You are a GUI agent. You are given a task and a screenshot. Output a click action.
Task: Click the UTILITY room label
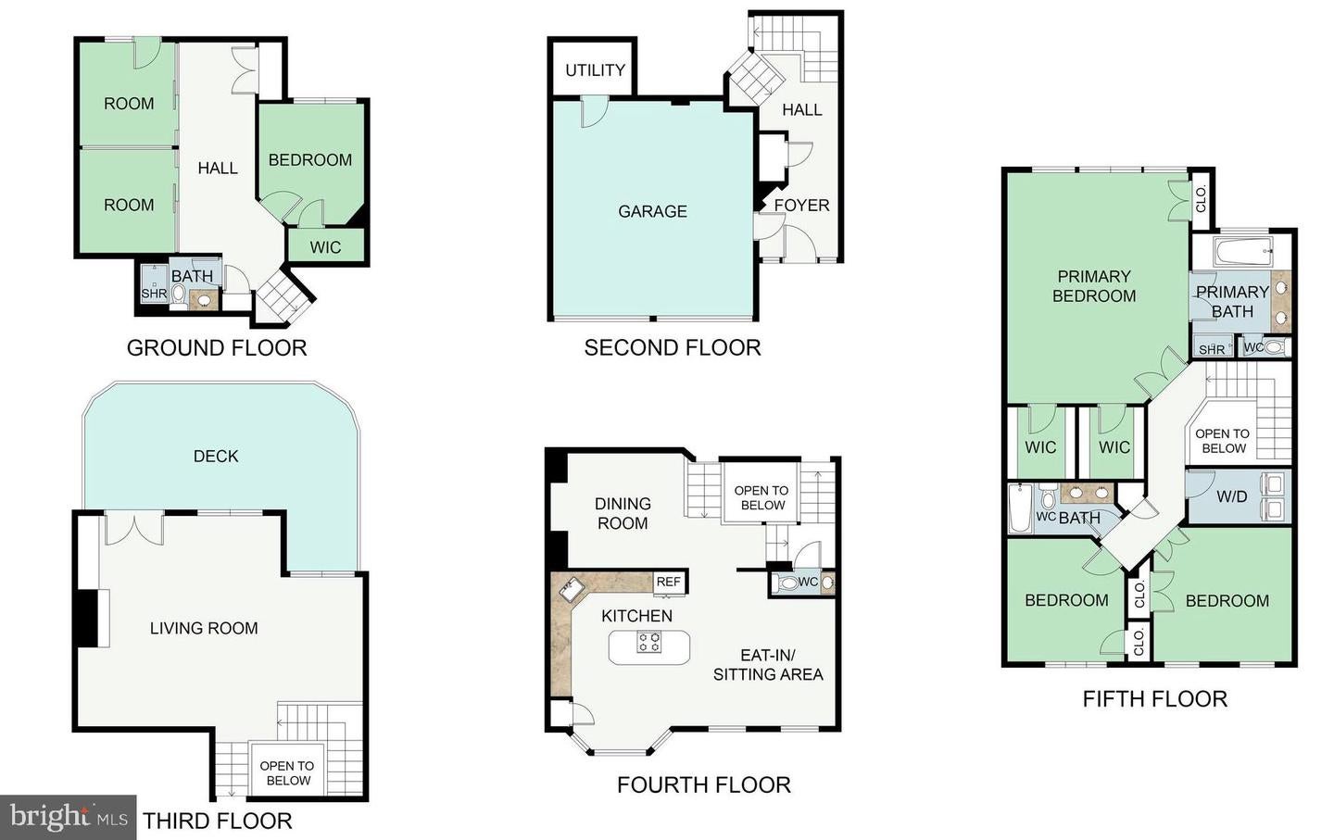point(595,70)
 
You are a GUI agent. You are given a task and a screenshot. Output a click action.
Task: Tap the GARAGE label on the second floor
point(652,211)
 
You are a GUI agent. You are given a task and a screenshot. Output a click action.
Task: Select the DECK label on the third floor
point(216,456)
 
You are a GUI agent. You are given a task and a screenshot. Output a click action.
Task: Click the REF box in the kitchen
point(668,582)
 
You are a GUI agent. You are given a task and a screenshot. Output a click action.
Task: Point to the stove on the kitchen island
point(649,642)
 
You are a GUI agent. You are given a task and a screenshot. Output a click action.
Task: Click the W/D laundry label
point(1231,496)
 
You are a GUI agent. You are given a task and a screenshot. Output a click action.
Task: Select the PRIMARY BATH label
point(1232,301)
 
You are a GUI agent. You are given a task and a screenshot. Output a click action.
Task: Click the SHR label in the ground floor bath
point(154,294)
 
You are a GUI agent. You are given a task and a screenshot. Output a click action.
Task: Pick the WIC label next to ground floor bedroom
point(325,247)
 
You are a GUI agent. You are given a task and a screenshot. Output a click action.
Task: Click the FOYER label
point(801,206)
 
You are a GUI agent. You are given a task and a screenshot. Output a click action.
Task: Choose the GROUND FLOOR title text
point(217,348)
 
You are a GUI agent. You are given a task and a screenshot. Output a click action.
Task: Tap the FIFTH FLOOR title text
point(1154,699)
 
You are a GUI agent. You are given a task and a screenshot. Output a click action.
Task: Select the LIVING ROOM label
point(204,628)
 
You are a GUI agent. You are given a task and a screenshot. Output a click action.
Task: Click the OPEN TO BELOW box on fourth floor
point(761,498)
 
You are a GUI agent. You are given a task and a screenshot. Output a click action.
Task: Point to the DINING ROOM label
point(623,513)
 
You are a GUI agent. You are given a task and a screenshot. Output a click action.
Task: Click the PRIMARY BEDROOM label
point(1093,286)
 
